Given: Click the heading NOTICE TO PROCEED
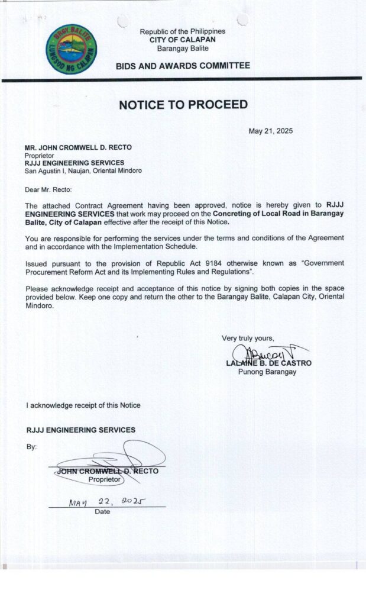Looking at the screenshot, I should pyautogui.click(x=183, y=105).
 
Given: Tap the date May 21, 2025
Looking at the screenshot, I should pyautogui.click(x=270, y=131).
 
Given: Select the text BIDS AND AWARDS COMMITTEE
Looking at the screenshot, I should pyautogui.click(x=183, y=66).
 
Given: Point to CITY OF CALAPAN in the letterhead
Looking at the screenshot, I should pyautogui.click(x=183, y=40).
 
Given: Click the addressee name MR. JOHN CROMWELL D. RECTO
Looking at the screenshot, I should pyautogui.click(x=78, y=147).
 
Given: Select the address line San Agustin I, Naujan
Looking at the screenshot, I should pyautogui.click(x=83, y=170).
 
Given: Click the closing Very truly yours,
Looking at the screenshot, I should pyautogui.click(x=248, y=339).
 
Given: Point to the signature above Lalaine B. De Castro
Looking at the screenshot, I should pyautogui.click(x=267, y=353).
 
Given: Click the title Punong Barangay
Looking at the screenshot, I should pyautogui.click(x=267, y=372).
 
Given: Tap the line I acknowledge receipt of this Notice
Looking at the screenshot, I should pyautogui.click(x=83, y=405).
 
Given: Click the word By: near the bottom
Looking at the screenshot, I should pyautogui.click(x=31, y=447).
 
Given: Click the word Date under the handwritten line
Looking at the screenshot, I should pyautogui.click(x=102, y=512).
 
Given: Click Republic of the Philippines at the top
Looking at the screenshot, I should pyautogui.click(x=183, y=31).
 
